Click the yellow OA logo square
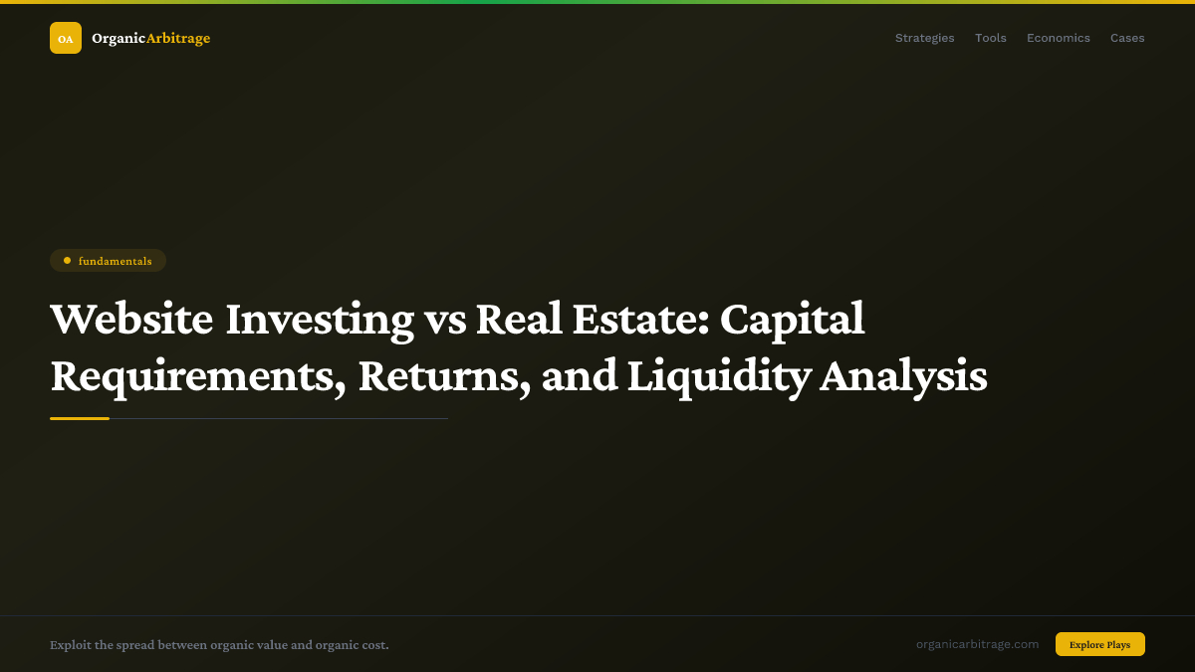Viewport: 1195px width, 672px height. pos(66,38)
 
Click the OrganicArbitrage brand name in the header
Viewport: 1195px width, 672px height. pos(150,38)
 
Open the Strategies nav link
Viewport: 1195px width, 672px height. pos(924,38)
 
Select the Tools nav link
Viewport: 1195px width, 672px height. pos(990,38)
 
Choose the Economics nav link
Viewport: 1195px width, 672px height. pos(1058,38)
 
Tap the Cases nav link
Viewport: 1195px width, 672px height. pos(1127,38)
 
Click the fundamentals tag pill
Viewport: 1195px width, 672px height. pos(108,261)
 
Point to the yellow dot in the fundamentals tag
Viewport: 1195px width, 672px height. pos(67,261)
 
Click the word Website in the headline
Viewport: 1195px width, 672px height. pos(131,320)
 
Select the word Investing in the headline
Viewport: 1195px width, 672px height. pos(319,320)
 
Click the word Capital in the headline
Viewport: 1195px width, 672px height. pos(792,320)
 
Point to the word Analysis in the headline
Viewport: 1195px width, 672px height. pos(903,376)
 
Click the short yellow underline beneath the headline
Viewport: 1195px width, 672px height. pos(80,418)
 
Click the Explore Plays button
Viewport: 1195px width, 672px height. pos(1099,644)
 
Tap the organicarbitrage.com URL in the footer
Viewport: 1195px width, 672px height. pos(977,644)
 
